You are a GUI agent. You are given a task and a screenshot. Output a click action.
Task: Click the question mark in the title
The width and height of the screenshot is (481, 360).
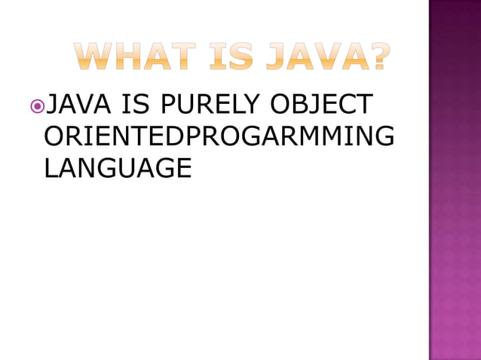tap(377, 57)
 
